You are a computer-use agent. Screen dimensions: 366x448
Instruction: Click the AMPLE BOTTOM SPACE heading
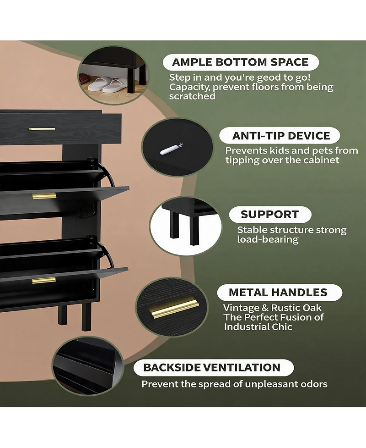(x=240, y=62)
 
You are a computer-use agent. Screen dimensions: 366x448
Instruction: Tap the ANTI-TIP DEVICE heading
(x=281, y=136)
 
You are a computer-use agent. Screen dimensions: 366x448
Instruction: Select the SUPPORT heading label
(x=269, y=214)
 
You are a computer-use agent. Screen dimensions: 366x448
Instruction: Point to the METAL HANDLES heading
(x=278, y=292)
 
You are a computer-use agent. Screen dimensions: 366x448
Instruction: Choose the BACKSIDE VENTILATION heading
(x=212, y=367)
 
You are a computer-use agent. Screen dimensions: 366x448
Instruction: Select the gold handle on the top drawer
(x=42, y=129)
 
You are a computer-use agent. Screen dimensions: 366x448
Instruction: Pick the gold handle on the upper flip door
(x=44, y=196)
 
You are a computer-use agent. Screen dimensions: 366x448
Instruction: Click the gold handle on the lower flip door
(x=44, y=280)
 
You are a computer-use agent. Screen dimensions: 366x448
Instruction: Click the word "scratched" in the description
(x=192, y=96)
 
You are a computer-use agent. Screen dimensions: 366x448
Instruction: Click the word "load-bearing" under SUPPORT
(x=268, y=239)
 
